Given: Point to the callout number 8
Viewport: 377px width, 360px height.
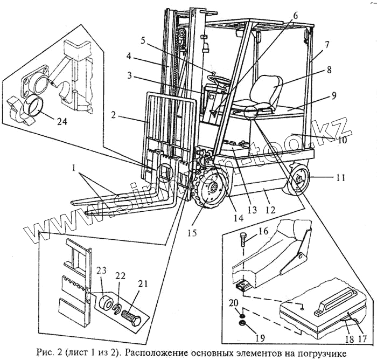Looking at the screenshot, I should (x=328, y=70).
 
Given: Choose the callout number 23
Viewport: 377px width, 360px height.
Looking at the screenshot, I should (x=102, y=271).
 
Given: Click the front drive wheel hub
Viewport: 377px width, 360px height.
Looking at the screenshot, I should (x=214, y=189).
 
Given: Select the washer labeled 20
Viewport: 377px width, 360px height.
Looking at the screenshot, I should (x=242, y=313).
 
